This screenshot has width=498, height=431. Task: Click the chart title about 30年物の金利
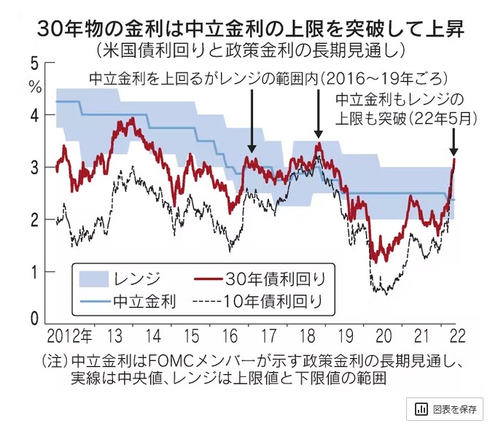(249, 31)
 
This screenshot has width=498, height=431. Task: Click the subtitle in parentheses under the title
(249, 53)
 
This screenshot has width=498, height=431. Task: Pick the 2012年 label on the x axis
(70, 337)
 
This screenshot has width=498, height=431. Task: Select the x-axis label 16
(229, 337)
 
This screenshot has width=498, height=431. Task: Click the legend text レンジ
(136, 278)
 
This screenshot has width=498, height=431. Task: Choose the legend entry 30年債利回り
(276, 278)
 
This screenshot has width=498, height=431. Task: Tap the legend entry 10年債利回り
(276, 300)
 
